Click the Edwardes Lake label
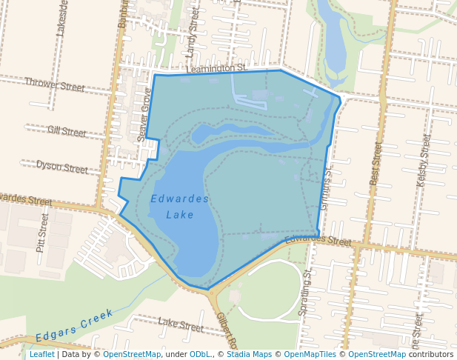click(x=179, y=207)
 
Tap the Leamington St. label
click(x=216, y=68)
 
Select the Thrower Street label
click(x=55, y=85)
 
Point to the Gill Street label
click(x=67, y=131)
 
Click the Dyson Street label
click(x=62, y=167)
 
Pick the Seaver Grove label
click(x=144, y=115)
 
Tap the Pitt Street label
click(x=42, y=233)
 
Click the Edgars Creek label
click(x=75, y=324)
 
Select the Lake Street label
click(x=181, y=324)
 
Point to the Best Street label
click(x=376, y=163)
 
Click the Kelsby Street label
click(x=424, y=159)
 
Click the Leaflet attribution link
click(x=41, y=354)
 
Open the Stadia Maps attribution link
click(x=249, y=354)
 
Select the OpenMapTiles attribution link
click(x=310, y=354)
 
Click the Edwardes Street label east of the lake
click(x=318, y=240)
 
